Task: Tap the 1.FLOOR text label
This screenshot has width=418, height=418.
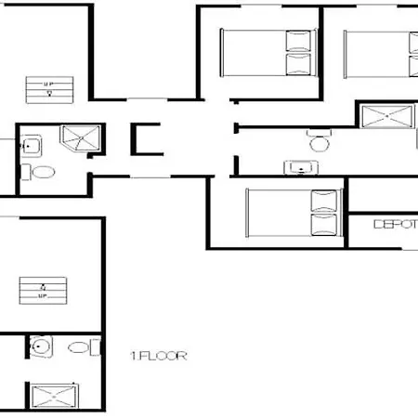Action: (159, 355)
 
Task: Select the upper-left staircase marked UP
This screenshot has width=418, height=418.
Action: (48, 89)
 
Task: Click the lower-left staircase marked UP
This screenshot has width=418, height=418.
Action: (43, 292)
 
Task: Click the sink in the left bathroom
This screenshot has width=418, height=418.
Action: (30, 145)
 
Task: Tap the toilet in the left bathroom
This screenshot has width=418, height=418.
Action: (44, 173)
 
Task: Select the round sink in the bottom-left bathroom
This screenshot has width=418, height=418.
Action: (41, 348)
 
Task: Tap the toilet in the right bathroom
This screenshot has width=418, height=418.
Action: (320, 142)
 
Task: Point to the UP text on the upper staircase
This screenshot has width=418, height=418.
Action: (48, 84)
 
